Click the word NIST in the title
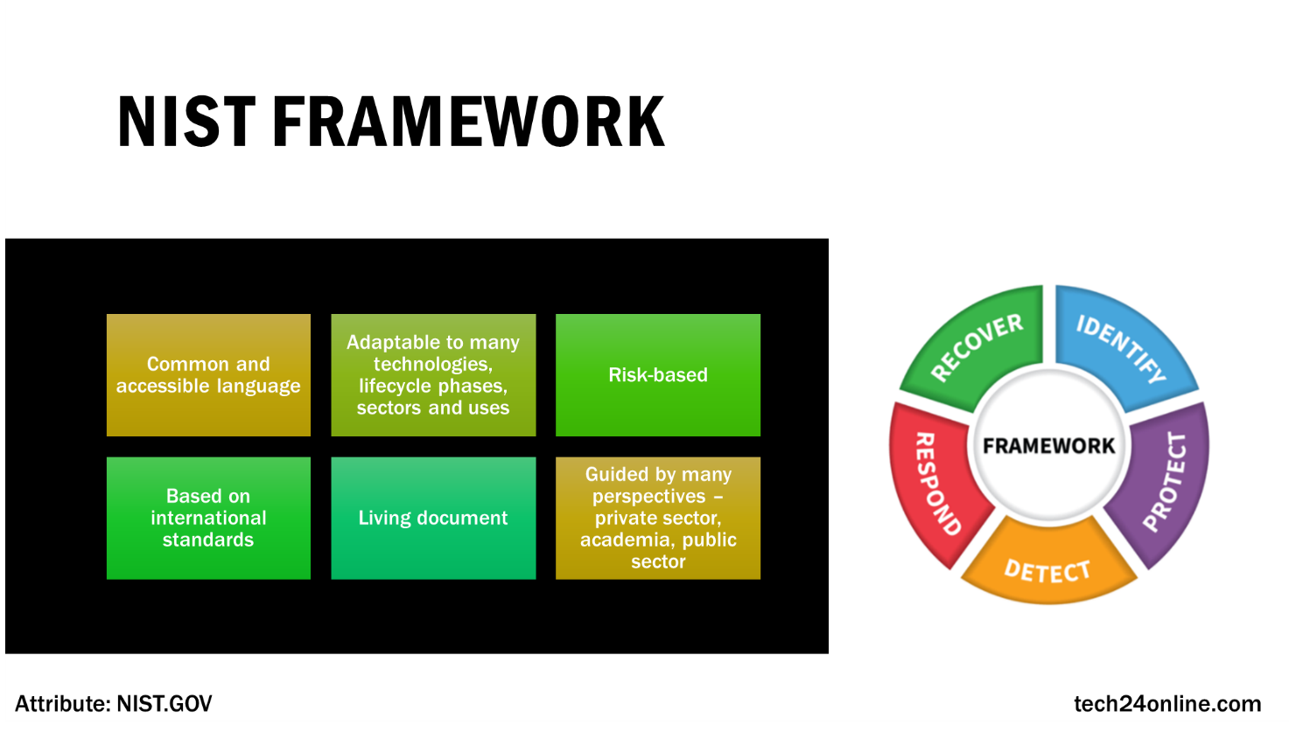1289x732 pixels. [186, 122]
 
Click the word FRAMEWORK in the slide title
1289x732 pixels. [468, 122]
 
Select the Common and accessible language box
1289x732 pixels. [208, 375]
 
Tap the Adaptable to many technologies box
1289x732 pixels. [433, 375]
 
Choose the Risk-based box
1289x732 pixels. [658, 375]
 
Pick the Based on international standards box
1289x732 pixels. [208, 518]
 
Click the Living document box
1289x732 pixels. [433, 518]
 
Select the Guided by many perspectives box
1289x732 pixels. [658, 518]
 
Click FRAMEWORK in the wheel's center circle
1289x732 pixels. [1048, 446]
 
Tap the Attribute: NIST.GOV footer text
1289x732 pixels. [114, 704]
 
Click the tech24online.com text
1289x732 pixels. [1167, 704]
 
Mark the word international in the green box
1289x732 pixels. [208, 518]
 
